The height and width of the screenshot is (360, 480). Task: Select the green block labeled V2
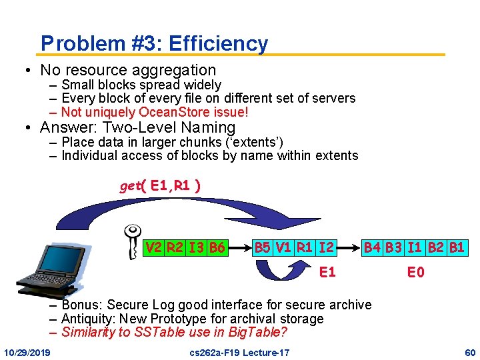point(154,249)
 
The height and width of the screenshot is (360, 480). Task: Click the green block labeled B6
point(216,249)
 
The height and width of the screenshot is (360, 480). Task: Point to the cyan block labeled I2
point(327,249)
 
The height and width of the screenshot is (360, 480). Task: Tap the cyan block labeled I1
point(415,249)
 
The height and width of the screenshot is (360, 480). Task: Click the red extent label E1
point(327,272)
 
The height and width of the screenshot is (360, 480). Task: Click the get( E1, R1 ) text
point(160,186)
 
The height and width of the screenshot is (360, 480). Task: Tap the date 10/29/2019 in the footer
point(31,351)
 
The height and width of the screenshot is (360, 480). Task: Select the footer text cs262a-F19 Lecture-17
point(239,351)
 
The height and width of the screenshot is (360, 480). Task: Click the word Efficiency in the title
point(218,44)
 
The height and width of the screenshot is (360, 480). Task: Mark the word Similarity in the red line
point(89,332)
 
